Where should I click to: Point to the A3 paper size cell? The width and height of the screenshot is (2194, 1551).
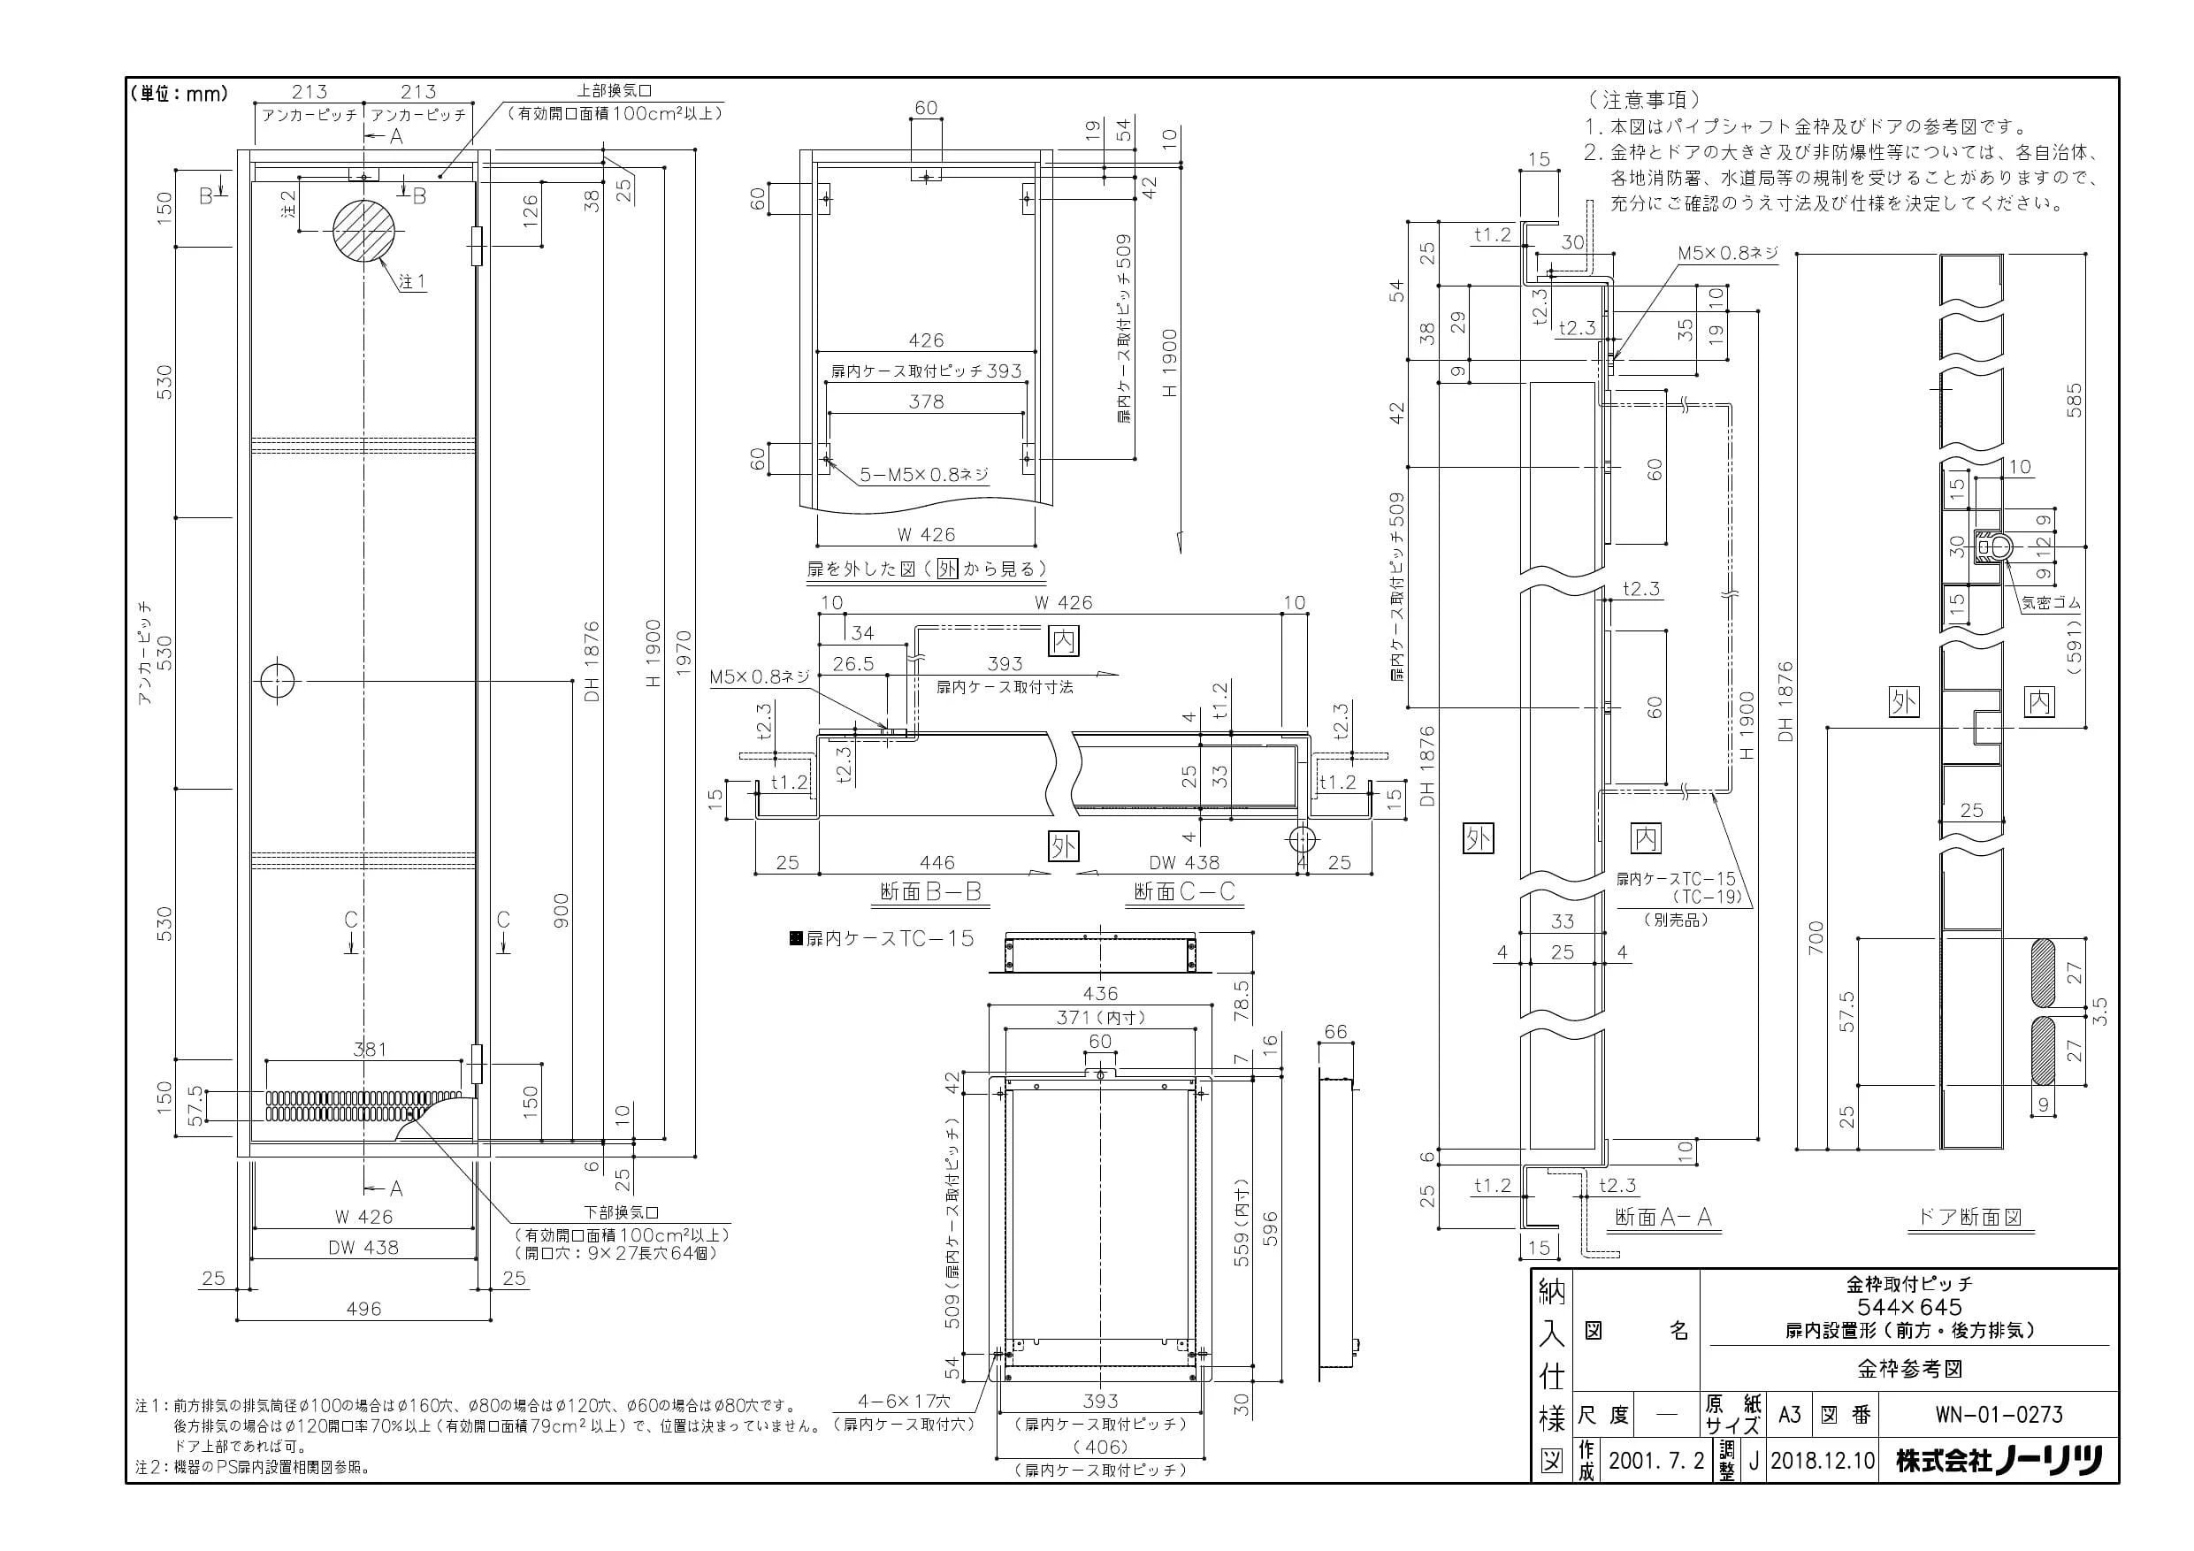tap(1789, 1413)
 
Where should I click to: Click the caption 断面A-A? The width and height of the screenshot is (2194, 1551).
tap(1663, 1217)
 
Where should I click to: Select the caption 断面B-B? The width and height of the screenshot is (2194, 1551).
tap(930, 890)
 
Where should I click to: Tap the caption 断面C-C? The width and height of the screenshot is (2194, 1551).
tap(1184, 890)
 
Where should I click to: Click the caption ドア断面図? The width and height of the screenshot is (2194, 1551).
tap(1970, 1217)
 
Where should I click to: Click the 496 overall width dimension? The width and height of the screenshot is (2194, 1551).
tap(363, 1308)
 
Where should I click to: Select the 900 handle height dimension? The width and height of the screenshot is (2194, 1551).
tap(561, 911)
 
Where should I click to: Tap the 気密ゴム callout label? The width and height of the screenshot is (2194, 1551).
tap(2051, 603)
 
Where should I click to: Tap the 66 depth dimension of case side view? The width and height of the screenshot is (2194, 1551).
tap(1335, 1031)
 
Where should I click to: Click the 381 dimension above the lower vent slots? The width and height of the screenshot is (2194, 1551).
tap(370, 1049)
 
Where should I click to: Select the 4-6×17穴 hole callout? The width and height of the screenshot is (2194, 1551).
tap(904, 1402)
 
